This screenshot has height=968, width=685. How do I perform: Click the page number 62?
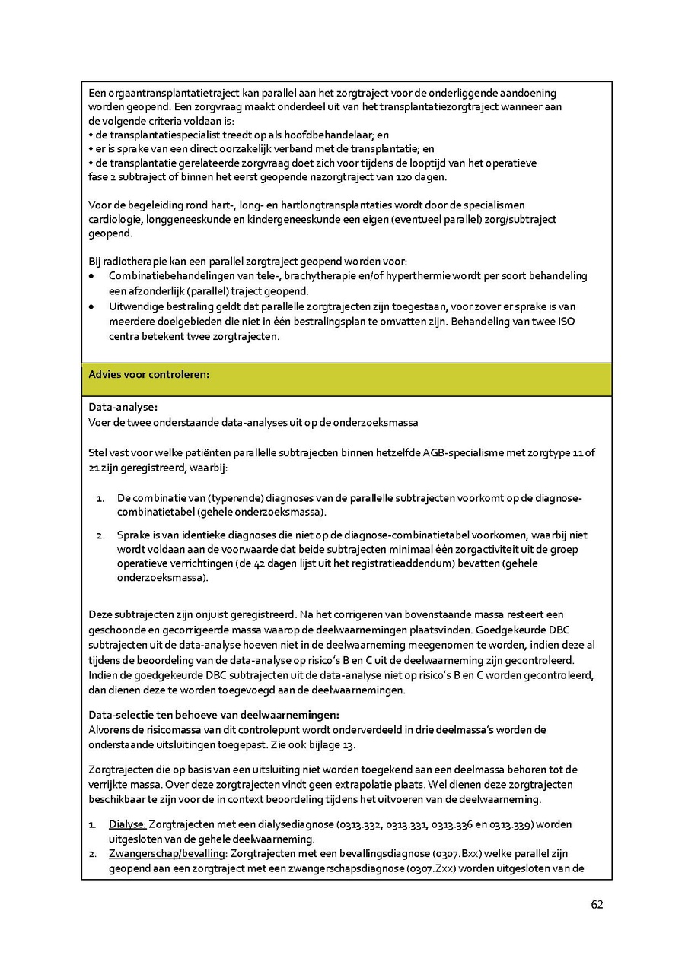click(597, 905)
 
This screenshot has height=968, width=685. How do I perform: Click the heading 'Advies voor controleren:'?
click(149, 374)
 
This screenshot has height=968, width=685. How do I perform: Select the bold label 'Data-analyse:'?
click(123, 407)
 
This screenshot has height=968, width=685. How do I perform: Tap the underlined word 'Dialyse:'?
click(127, 824)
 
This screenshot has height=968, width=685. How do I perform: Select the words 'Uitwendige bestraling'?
click(158, 306)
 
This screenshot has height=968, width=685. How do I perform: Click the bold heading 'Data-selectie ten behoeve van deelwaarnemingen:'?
click(214, 715)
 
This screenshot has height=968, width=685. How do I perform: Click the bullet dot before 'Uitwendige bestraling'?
click(92, 306)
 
